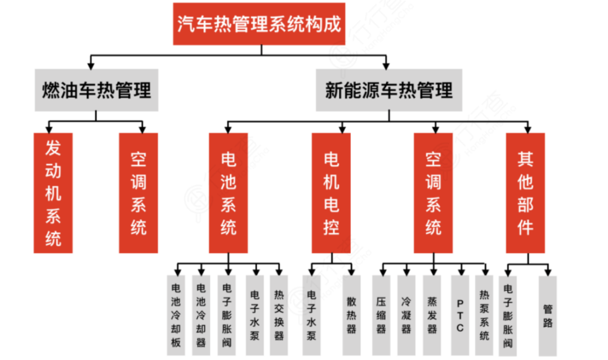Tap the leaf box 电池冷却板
[x=176, y=314]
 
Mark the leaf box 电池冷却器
[x=201, y=314]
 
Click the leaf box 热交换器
[x=279, y=314]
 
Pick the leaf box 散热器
[x=351, y=314]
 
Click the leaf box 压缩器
[x=381, y=314]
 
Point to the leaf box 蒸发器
[x=432, y=314]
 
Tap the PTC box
[x=459, y=314]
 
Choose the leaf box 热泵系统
[x=484, y=314]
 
